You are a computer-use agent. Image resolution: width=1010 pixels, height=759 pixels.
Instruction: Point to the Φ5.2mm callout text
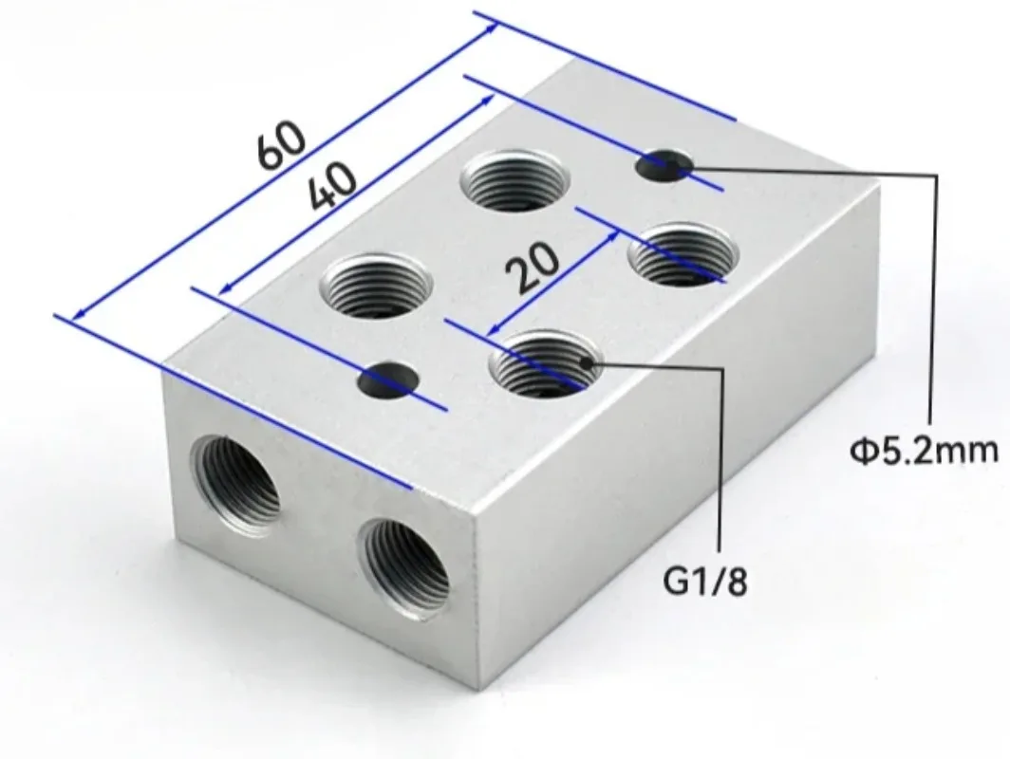click(x=924, y=448)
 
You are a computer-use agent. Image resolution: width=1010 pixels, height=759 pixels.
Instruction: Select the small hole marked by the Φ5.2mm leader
click(x=663, y=167)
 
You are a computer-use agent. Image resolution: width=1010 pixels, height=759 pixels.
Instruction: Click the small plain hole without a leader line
click(x=387, y=380)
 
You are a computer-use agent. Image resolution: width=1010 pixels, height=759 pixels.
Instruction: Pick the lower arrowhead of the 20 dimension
click(x=494, y=327)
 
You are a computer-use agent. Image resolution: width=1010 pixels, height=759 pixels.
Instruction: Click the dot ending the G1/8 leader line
click(x=595, y=363)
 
